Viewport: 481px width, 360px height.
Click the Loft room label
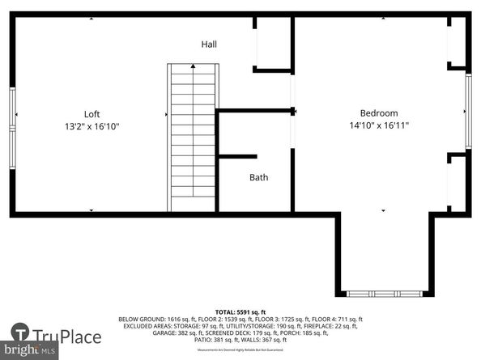[x=92, y=114]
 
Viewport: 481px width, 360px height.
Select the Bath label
[x=258, y=177]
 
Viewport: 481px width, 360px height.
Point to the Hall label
[x=209, y=44]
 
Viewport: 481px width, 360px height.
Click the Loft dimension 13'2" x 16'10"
[x=92, y=126]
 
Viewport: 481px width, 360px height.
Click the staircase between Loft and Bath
[x=192, y=137]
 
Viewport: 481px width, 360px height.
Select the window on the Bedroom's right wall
[x=467, y=111]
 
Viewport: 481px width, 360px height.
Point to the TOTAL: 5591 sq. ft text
[x=240, y=311]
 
